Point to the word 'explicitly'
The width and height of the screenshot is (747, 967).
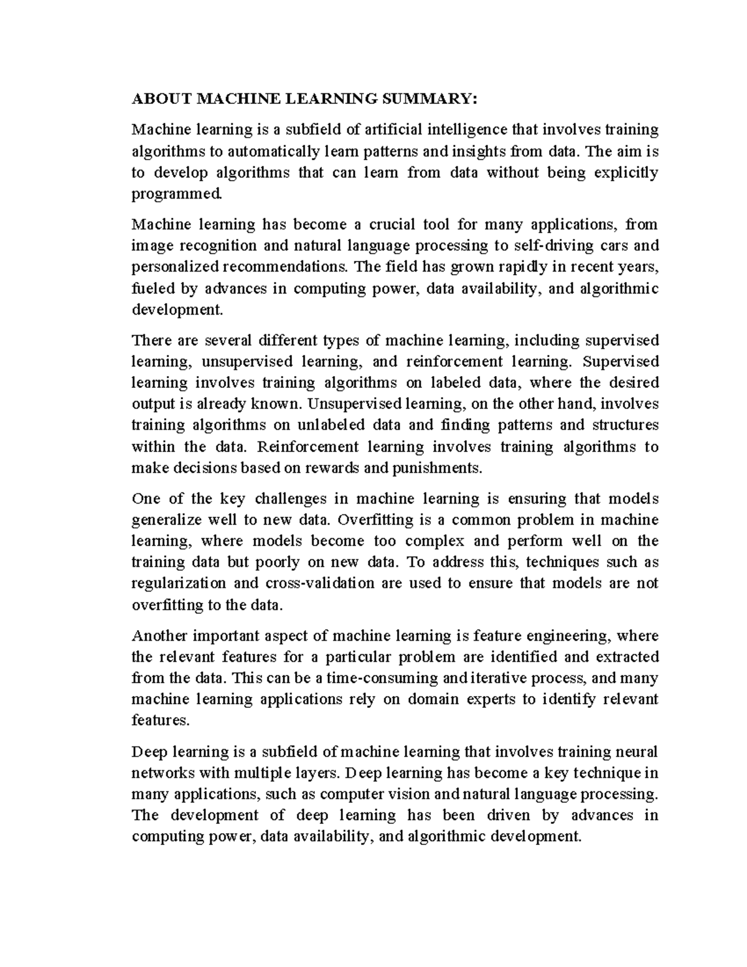coord(626,172)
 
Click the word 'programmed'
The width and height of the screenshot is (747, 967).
coord(176,194)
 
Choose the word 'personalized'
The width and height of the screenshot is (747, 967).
coord(175,267)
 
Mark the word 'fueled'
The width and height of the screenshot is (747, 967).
coord(147,288)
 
